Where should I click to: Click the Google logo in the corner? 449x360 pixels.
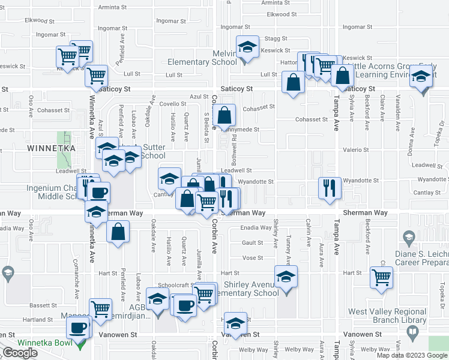click(x=20, y=353)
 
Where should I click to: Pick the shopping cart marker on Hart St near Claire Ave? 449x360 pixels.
click(x=382, y=278)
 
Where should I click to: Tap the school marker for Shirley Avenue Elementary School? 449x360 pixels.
click(x=286, y=278)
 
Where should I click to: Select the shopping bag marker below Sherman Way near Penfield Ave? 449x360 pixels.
click(x=118, y=232)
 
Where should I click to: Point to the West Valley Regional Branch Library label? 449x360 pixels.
click(x=387, y=316)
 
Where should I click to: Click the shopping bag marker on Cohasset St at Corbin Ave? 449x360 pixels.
click(x=224, y=114)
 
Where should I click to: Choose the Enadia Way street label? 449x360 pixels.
click(x=256, y=227)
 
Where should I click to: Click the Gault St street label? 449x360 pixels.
click(x=253, y=242)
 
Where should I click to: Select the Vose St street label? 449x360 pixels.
click(x=253, y=257)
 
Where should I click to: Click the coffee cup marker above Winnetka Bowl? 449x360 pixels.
click(x=78, y=328)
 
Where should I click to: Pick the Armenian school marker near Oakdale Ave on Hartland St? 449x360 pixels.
click(x=158, y=299)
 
